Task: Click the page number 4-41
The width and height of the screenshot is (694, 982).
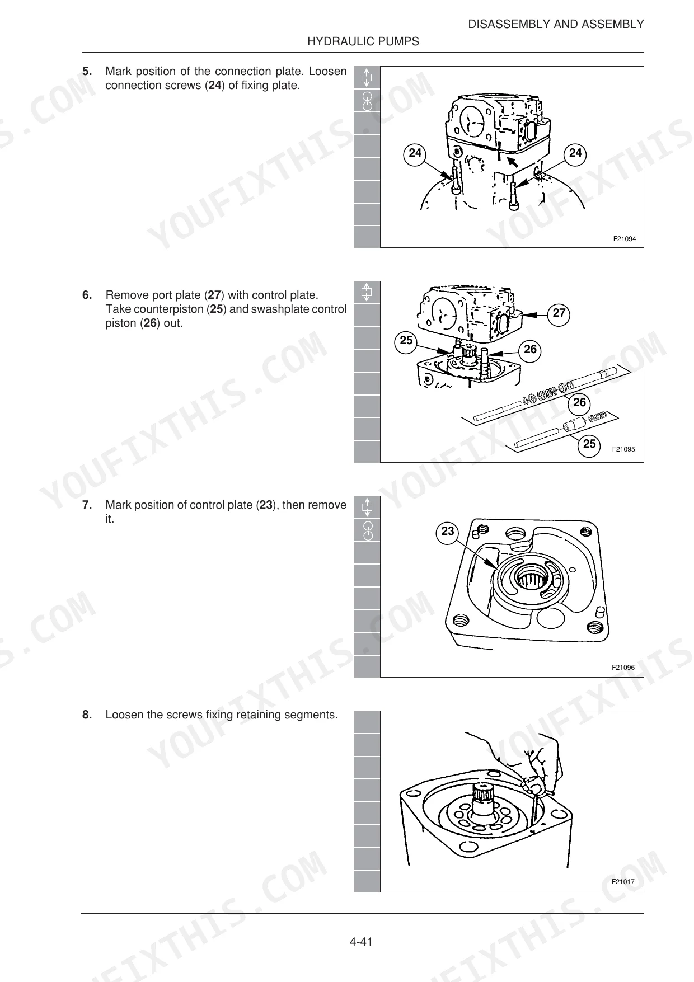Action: tap(361, 942)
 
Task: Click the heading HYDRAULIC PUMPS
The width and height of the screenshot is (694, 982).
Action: tap(363, 41)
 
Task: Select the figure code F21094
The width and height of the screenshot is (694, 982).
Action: tap(624, 239)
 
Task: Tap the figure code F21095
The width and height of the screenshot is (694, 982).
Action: tap(623, 449)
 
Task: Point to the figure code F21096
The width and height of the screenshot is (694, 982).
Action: tap(623, 668)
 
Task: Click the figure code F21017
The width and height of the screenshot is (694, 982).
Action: tap(623, 882)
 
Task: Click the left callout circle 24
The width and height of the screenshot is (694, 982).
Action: tap(415, 153)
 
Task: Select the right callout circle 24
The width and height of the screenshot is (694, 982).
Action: tap(575, 153)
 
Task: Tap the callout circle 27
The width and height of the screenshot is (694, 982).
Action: tap(559, 313)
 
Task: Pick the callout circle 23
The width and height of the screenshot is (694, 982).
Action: tap(448, 532)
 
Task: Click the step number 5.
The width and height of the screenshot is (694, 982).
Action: tap(87, 71)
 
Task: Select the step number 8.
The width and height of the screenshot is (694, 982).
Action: tap(87, 715)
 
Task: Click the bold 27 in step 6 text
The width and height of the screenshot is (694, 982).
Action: tap(214, 295)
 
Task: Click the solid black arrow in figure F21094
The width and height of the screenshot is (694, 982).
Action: tap(513, 162)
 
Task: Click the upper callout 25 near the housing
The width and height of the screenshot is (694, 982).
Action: tap(406, 341)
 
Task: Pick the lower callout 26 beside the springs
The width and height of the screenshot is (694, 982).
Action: tap(580, 403)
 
